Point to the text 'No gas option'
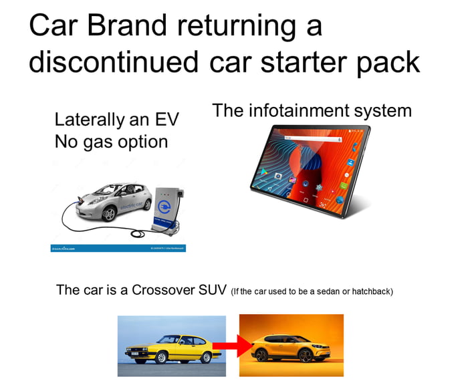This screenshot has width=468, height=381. [111, 142]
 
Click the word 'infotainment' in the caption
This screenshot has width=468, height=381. [307, 110]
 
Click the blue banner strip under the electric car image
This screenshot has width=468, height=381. [118, 248]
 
